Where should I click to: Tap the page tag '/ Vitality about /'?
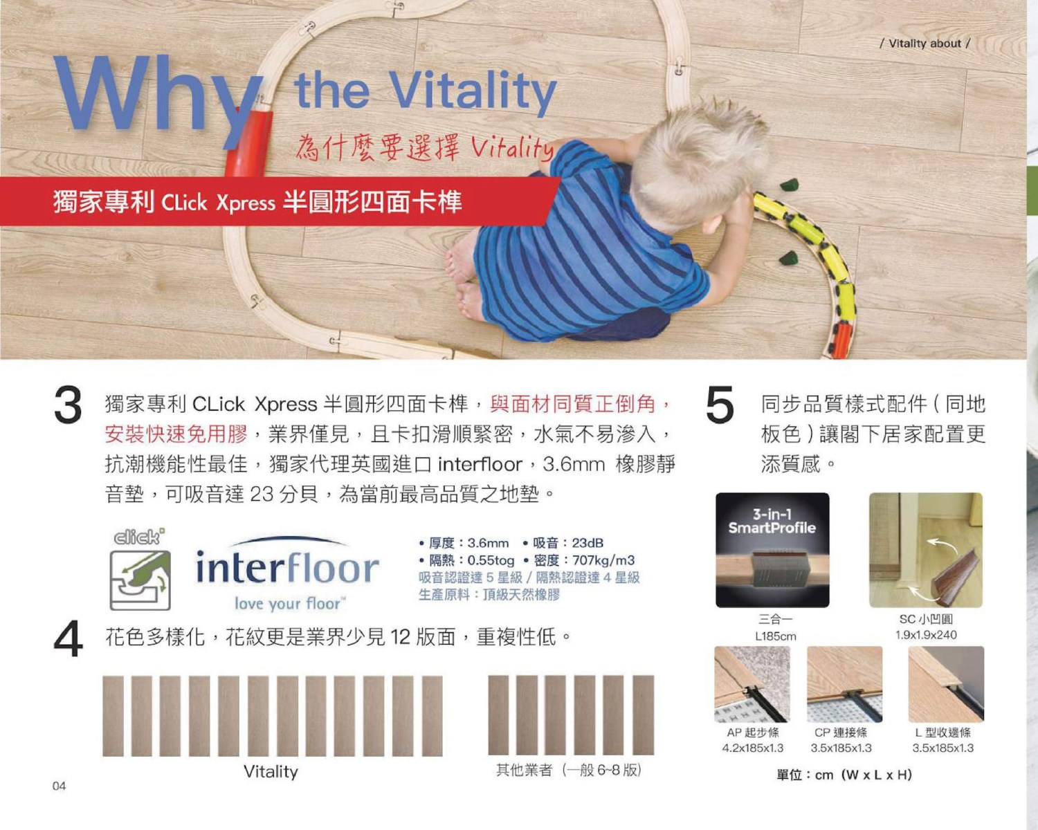[925, 44]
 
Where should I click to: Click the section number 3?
[68, 405]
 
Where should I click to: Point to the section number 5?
[720, 405]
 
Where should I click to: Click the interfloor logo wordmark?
[287, 568]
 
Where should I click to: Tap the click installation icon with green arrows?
[140, 580]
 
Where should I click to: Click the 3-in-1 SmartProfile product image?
[772, 550]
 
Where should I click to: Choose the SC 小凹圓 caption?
[926, 619]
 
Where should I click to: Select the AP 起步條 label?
[752, 732]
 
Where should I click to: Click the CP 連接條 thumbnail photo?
[844, 684]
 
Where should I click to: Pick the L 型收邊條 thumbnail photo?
[946, 684]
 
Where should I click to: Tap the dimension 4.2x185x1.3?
[752, 748]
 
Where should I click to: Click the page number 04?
[59, 786]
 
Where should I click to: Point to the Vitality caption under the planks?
[271, 771]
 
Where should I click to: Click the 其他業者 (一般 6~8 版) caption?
[569, 770]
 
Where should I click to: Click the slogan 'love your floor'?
[290, 603]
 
